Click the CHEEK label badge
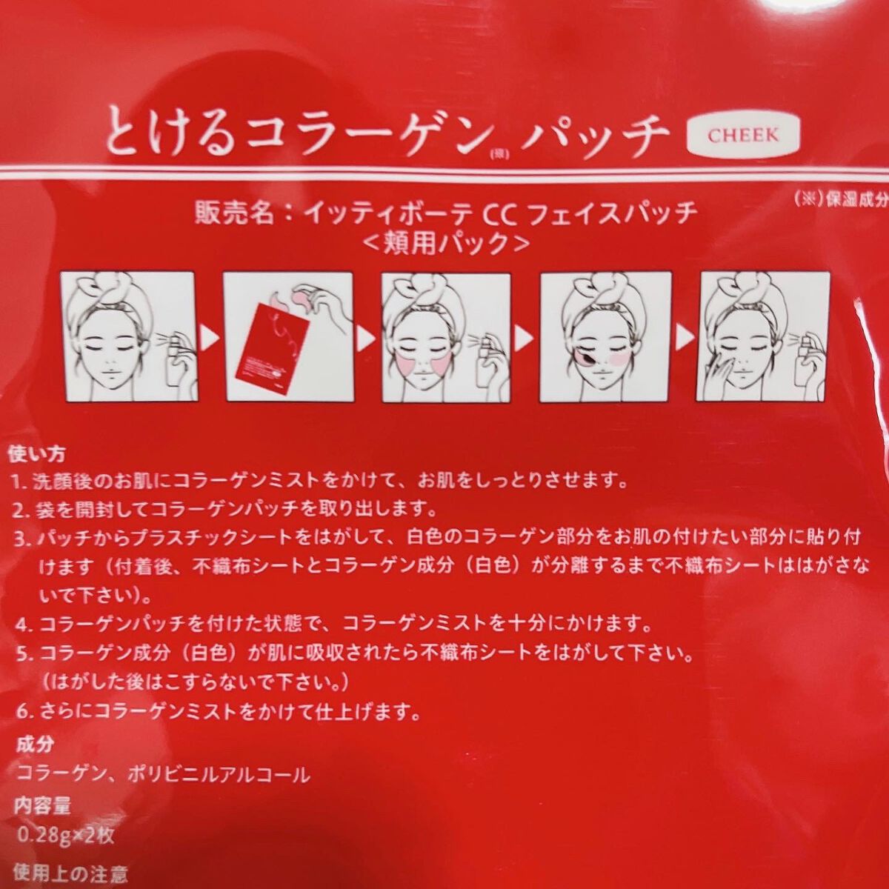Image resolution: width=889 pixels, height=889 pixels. (743, 135)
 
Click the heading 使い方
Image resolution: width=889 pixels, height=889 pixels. (36, 455)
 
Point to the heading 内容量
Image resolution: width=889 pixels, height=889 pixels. (42, 805)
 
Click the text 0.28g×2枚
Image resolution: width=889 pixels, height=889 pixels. (65, 836)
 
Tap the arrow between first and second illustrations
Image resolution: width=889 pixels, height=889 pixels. (211, 338)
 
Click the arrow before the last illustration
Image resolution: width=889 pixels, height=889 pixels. (685, 338)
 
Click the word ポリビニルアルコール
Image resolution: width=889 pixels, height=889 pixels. (219, 775)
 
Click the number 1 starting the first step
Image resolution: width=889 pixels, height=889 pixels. (17, 484)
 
